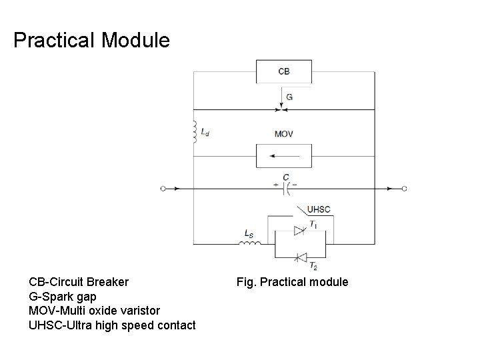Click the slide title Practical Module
[x=91, y=41]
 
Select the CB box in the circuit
[x=283, y=71]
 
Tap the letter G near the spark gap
[x=289, y=97]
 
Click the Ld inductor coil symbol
[x=195, y=131]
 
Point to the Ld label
[x=205, y=133]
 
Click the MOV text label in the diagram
[x=283, y=134]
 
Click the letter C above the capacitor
[x=285, y=177]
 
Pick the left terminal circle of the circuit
[x=163, y=189]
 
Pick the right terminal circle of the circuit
[x=404, y=189]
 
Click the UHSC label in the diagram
[x=318, y=210]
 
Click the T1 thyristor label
[x=314, y=225]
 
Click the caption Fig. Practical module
[x=292, y=282]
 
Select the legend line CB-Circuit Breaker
[x=79, y=282]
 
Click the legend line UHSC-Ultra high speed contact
[x=112, y=325]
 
